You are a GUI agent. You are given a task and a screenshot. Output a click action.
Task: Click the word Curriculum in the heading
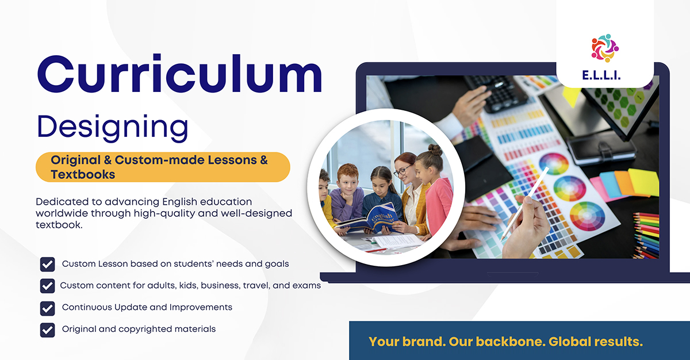pos(179,74)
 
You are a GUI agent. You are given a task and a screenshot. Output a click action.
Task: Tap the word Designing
pos(113,128)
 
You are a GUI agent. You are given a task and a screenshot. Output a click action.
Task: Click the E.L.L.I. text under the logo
pos(601,75)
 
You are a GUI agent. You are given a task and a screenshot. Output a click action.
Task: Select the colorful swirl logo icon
pos(605,48)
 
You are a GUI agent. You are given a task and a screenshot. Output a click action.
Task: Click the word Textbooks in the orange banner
pos(83,175)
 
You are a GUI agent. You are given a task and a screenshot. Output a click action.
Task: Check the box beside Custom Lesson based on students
pos(47,264)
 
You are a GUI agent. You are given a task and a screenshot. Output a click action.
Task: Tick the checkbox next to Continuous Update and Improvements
pos(47,308)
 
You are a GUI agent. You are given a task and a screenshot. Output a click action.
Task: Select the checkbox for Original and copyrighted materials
pos(47,330)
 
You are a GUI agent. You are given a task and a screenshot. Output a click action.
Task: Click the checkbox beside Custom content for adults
pos(47,286)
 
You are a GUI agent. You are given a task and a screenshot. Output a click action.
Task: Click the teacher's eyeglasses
pos(403,170)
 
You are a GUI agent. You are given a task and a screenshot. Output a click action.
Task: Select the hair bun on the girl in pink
pos(435,150)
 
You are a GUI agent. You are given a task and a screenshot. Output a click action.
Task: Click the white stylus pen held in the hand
pos(524,203)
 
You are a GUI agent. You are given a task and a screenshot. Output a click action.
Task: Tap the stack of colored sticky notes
pos(626,184)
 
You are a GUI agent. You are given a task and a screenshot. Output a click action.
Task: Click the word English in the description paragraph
pos(179,202)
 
